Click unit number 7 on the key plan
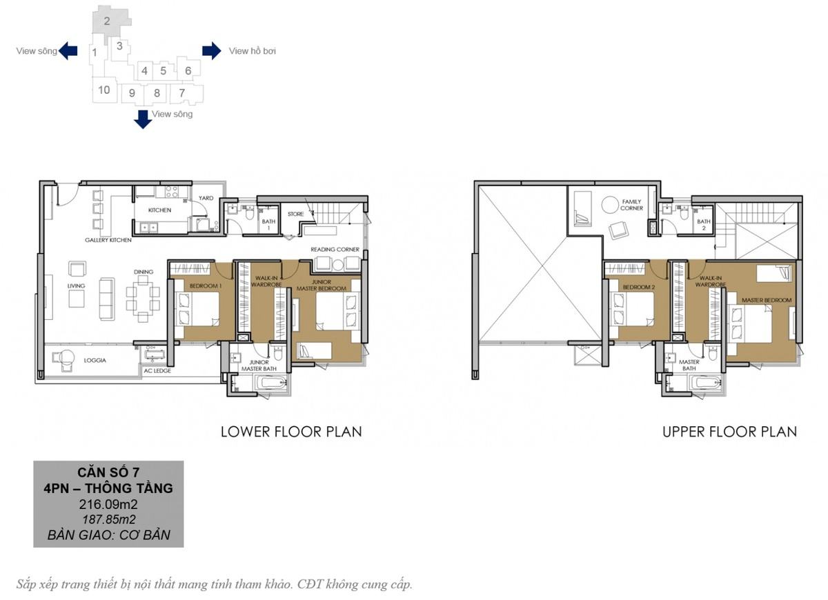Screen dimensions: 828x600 coord(182,92)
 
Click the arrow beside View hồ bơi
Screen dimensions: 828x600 coord(211,50)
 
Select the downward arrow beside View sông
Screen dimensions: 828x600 coord(143,119)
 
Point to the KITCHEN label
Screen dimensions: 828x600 coord(159,210)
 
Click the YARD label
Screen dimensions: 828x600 coord(206,198)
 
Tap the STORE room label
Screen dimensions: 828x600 coord(296,214)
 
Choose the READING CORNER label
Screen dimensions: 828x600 coord(335,250)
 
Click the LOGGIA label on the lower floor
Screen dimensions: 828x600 coord(95,360)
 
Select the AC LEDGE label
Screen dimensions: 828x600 coord(157,370)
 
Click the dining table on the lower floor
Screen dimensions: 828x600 coord(143,299)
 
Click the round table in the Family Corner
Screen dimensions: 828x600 coord(610,205)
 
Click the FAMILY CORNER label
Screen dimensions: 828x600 coord(631,205)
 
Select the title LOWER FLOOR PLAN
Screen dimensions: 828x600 coord(291,432)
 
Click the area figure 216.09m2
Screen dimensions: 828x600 coord(108,504)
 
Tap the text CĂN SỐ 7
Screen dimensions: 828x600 coord(108,472)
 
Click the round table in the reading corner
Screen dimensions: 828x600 coord(338,266)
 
